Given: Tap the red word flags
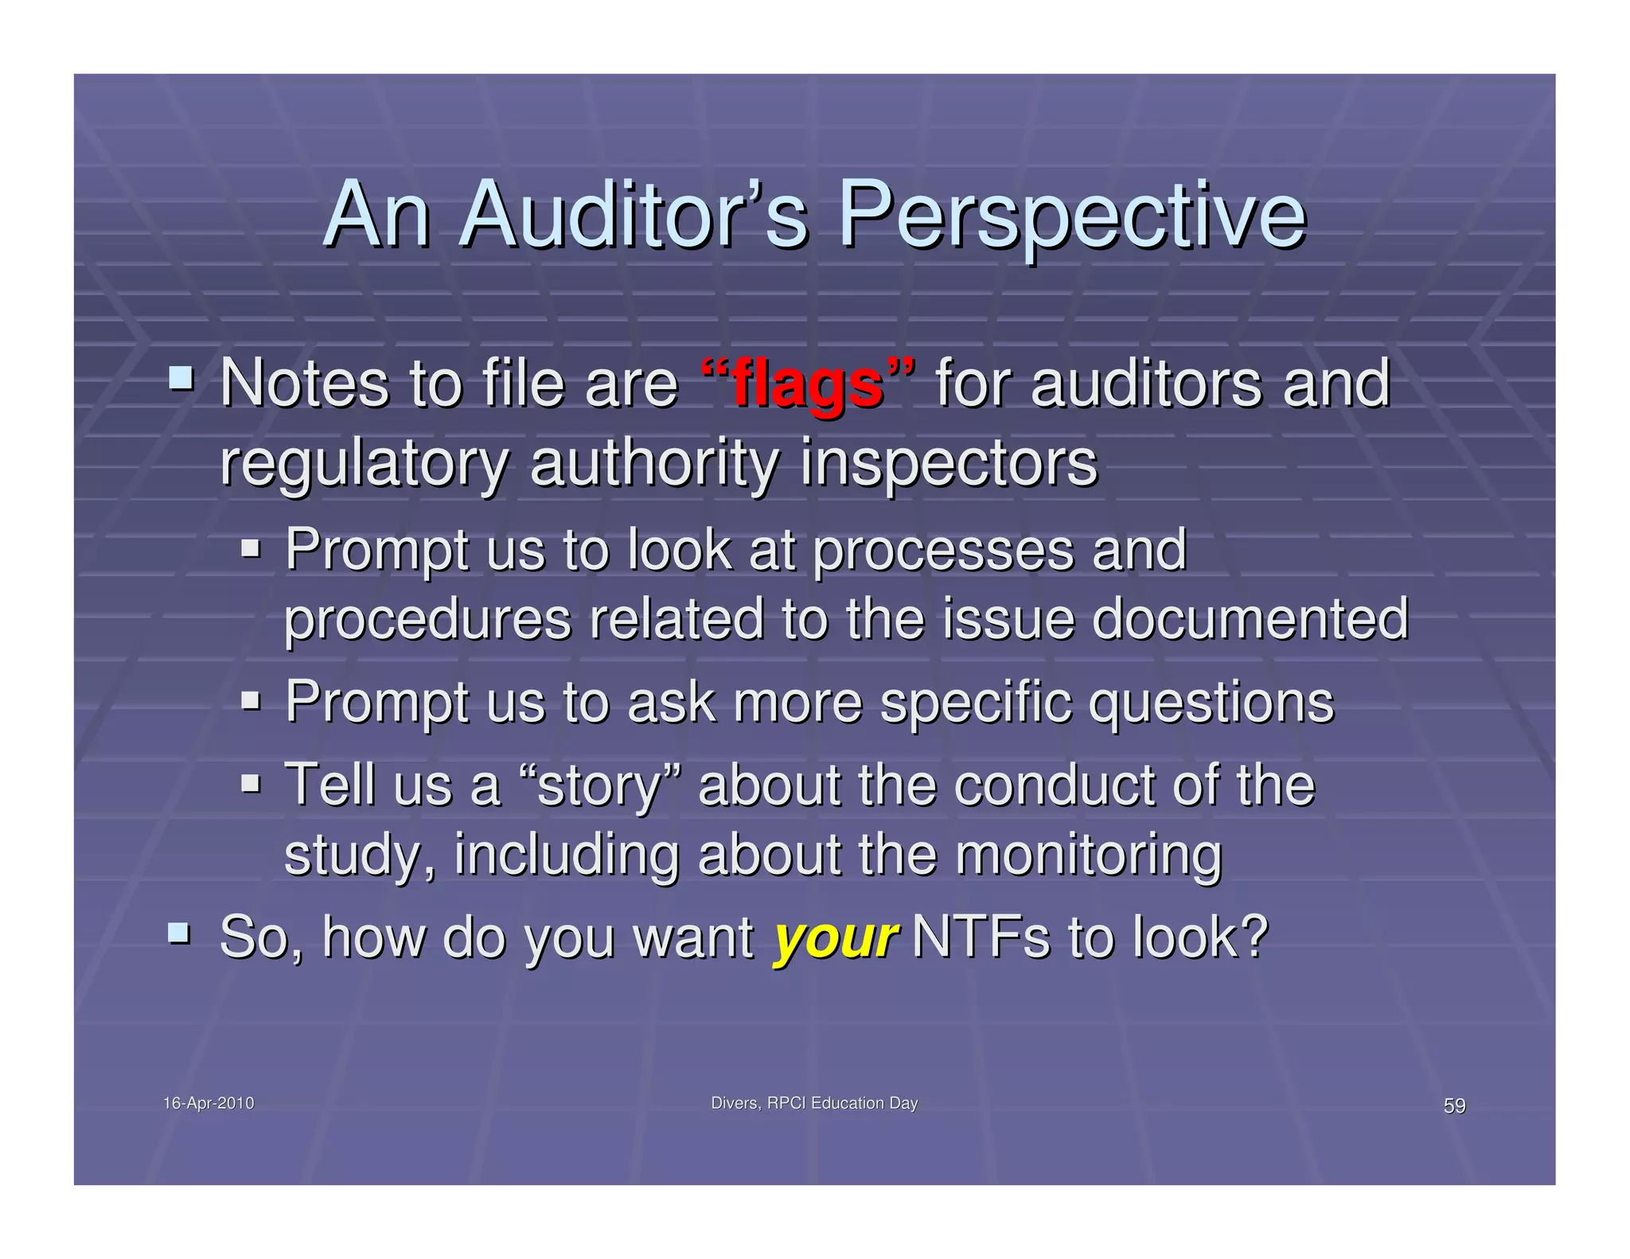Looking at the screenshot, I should pyautogui.click(x=807, y=385).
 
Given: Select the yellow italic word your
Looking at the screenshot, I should pyautogui.click(x=836, y=937).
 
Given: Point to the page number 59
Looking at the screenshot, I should pyautogui.click(x=1454, y=1105).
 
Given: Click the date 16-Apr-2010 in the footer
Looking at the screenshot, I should pyautogui.click(x=209, y=1103).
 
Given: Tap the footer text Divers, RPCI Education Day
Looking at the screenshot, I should pyautogui.click(x=813, y=1103).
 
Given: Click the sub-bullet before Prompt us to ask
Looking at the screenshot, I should pyautogui.click(x=251, y=700).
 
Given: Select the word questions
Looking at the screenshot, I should pyautogui.click(x=1211, y=703).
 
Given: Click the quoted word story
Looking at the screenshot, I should pyautogui.click(x=599, y=786).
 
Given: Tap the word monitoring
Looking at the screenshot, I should pyautogui.click(x=1088, y=855).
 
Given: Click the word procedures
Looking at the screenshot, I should pyautogui.click(x=427, y=620).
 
